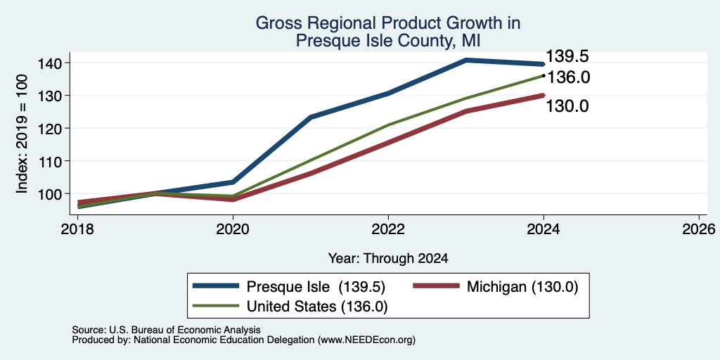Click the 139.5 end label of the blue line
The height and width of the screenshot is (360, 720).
point(567,56)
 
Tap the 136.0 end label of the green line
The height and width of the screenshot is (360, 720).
point(568,77)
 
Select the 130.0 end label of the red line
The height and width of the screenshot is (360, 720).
point(567,106)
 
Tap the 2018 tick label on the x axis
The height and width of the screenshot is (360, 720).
point(77,229)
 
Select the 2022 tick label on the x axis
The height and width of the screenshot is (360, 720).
point(388,229)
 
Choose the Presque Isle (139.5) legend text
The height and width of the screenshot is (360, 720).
point(316,287)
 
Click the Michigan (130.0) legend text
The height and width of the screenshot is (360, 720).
point(522,287)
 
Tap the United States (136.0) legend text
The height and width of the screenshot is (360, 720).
point(317,307)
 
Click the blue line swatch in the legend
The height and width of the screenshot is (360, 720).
point(216,286)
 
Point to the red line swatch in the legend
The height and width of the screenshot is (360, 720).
point(436,286)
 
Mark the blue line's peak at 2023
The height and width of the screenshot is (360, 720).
point(466,60)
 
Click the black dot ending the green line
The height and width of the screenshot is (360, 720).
point(544,75)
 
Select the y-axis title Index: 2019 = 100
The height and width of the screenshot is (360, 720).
point(22,134)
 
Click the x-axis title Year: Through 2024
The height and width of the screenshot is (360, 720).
point(388,259)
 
